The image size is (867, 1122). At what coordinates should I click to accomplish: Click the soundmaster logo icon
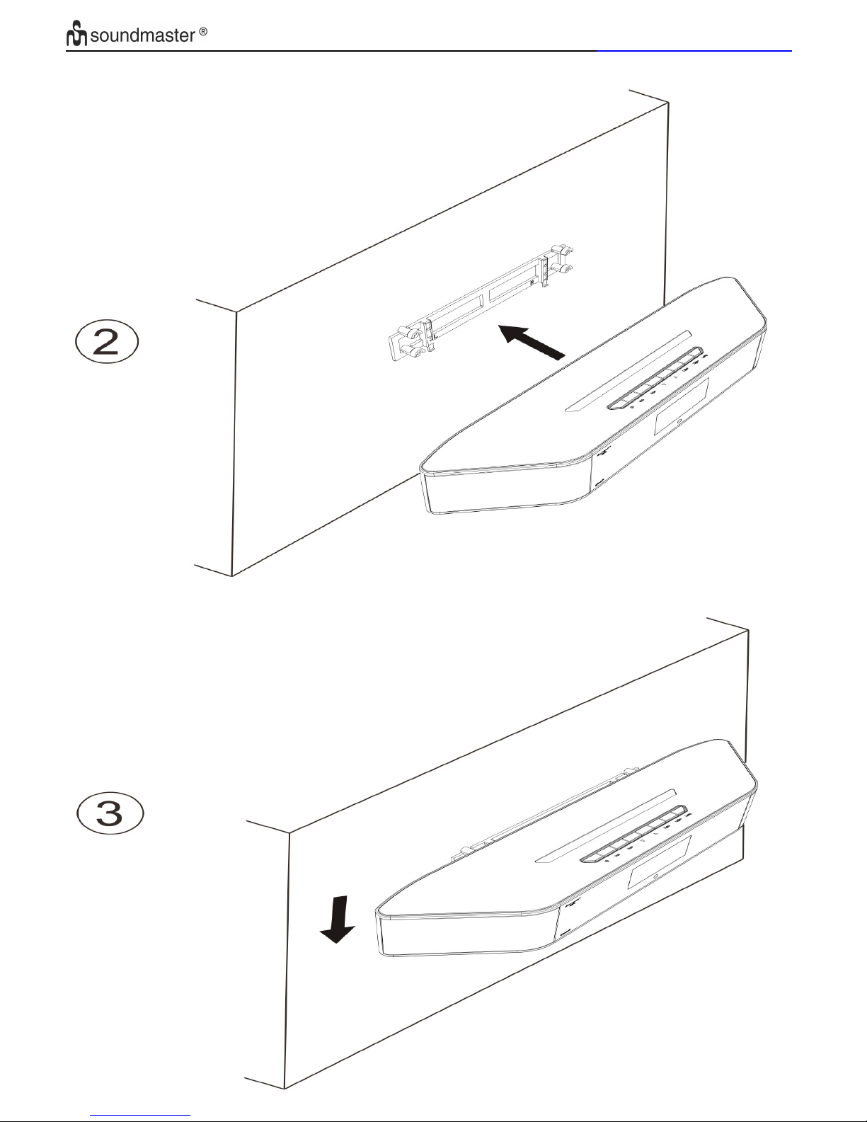tap(76, 33)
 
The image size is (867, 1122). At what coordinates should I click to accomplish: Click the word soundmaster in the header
tap(143, 35)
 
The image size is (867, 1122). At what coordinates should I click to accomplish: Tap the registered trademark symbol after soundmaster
tap(203, 31)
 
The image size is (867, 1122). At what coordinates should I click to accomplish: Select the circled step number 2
tap(107, 341)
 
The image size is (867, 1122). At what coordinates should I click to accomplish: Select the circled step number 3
tap(110, 813)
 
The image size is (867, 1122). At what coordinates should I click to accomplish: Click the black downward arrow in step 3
tap(338, 920)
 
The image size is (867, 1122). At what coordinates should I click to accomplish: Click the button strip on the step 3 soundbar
tap(633, 833)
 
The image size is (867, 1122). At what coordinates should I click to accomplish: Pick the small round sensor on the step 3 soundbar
tap(655, 876)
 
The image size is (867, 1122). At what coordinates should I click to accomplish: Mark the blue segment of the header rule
tap(694, 50)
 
